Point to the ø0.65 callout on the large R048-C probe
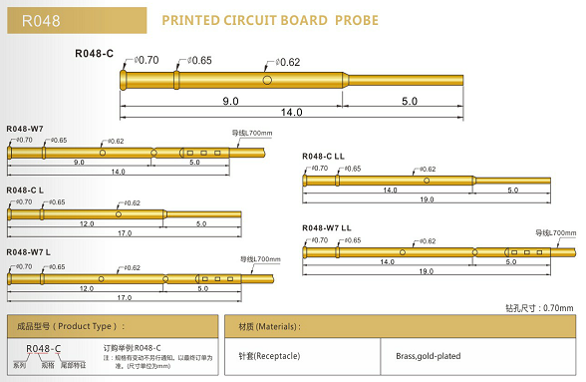point(199,61)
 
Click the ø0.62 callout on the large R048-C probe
point(286,62)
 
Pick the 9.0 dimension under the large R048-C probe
point(230,102)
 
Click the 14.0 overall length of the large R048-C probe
point(291,114)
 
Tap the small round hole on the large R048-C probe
point(268,80)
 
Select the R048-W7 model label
point(25,129)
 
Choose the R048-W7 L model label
point(28,252)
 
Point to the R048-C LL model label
point(325,157)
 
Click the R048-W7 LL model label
point(327,228)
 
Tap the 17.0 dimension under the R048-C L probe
point(125,233)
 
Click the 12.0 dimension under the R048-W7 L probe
point(87,287)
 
